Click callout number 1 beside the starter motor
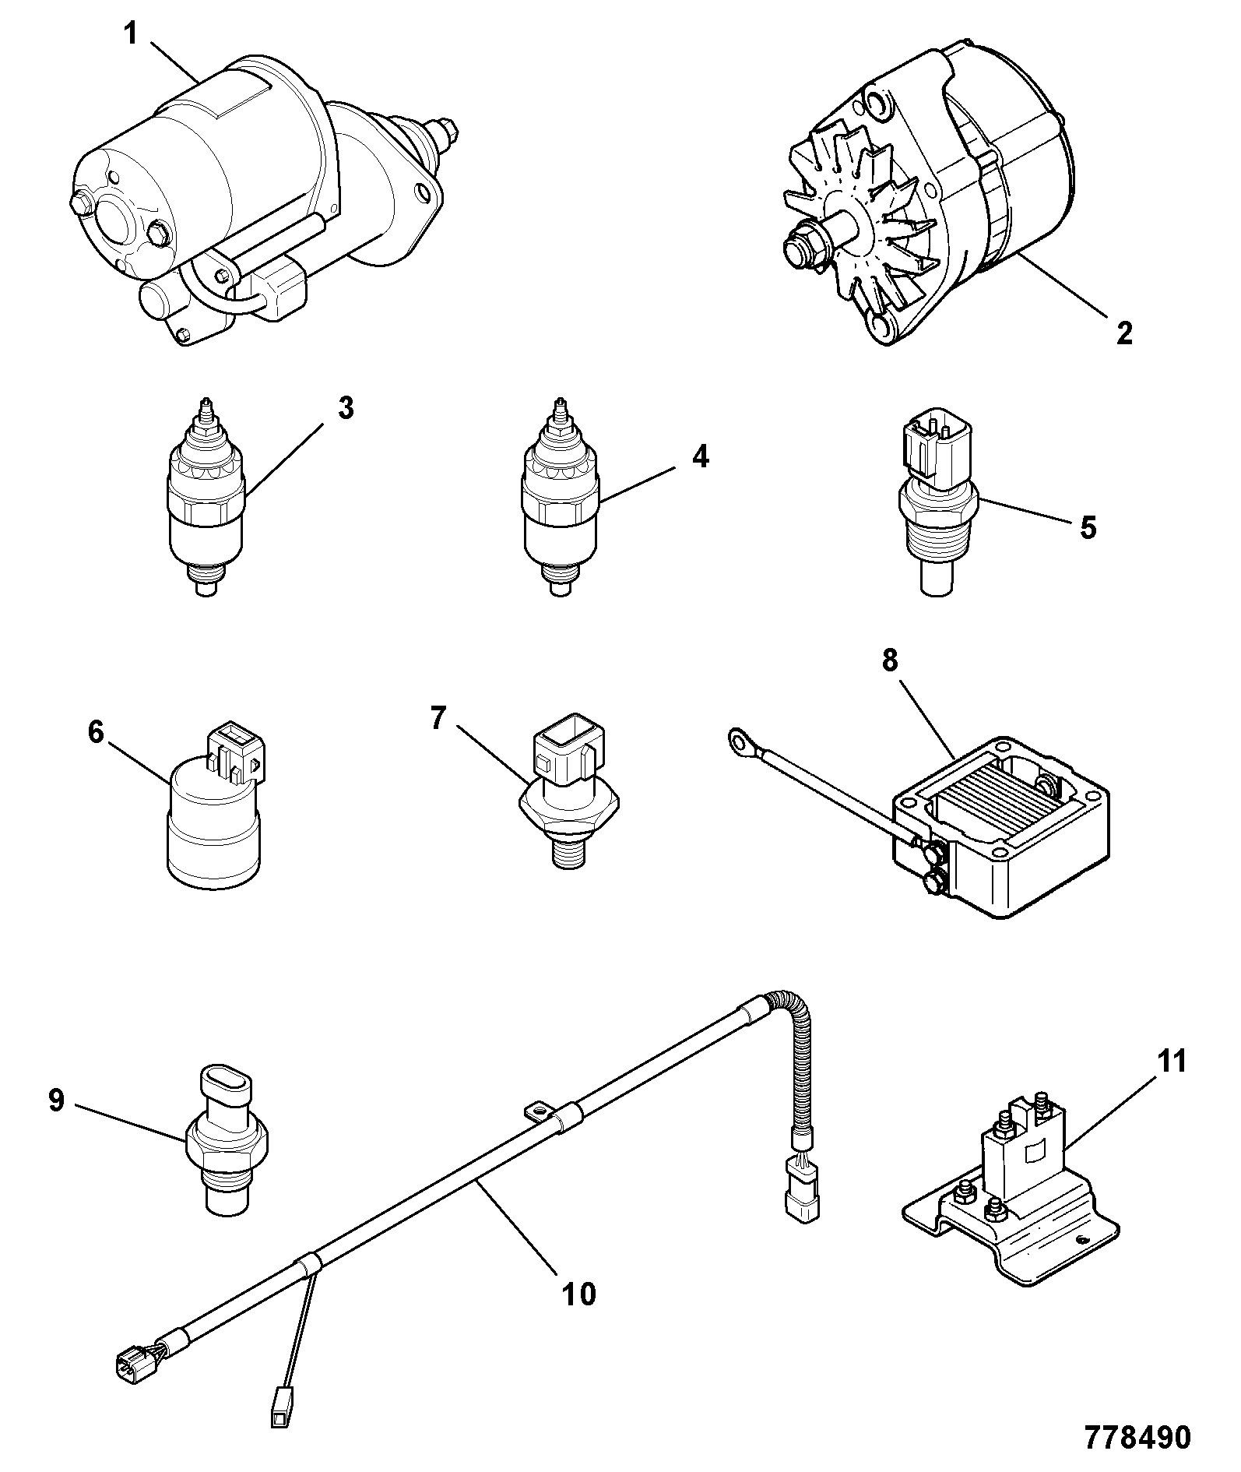[x=132, y=35]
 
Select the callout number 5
[x=1088, y=527]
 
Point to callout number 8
[x=890, y=660]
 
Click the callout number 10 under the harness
[x=578, y=1294]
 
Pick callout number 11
[x=1170, y=1062]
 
